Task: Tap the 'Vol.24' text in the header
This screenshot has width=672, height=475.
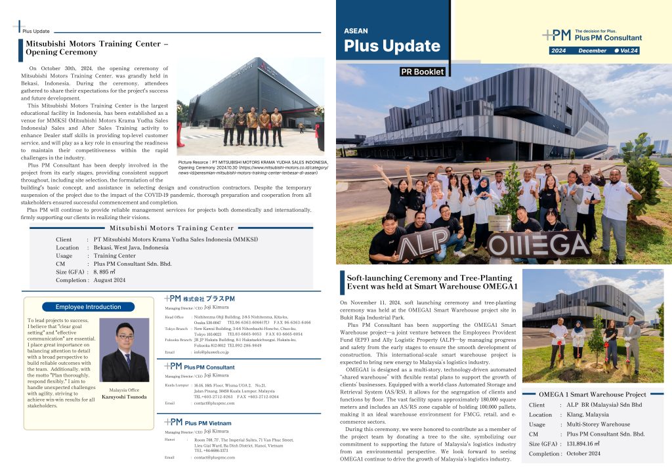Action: tap(628, 51)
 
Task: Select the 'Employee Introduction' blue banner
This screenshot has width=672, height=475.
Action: tap(88, 306)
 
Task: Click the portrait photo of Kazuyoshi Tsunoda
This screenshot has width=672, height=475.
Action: tap(124, 350)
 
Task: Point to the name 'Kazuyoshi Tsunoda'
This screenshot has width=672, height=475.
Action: tap(124, 397)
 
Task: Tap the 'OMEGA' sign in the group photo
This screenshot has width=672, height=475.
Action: tap(539, 245)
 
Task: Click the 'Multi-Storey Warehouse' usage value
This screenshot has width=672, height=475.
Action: tap(598, 424)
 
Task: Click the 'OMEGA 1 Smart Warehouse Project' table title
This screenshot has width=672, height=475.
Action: tap(592, 394)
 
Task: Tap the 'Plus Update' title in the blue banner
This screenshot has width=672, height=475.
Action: tap(392, 46)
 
